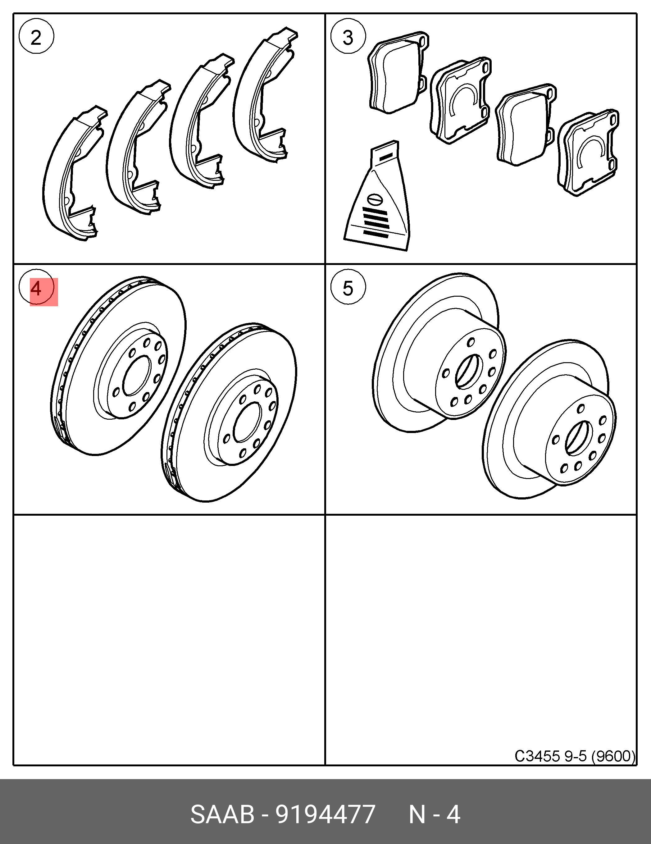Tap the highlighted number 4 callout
[x=36, y=288]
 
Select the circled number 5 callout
[x=348, y=288]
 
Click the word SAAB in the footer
[x=222, y=814]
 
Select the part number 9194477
[x=325, y=814]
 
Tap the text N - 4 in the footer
[x=434, y=814]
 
